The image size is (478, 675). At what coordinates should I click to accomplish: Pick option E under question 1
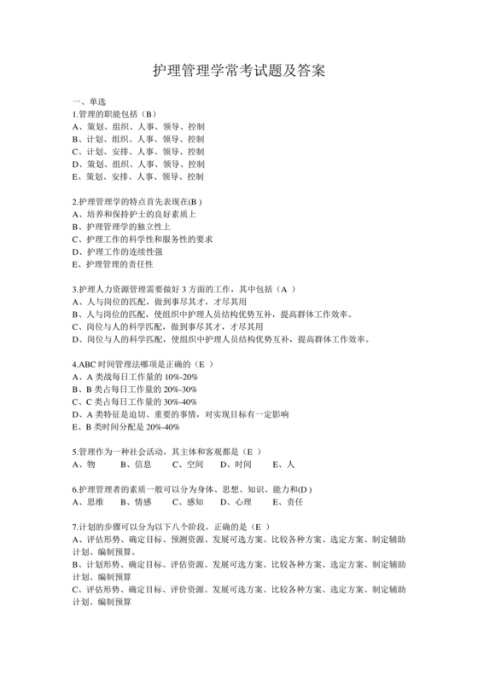click(138, 176)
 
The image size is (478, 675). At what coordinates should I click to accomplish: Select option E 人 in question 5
click(283, 464)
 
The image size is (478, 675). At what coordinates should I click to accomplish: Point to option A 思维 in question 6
click(89, 502)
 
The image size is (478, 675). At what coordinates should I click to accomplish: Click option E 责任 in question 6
click(288, 502)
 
